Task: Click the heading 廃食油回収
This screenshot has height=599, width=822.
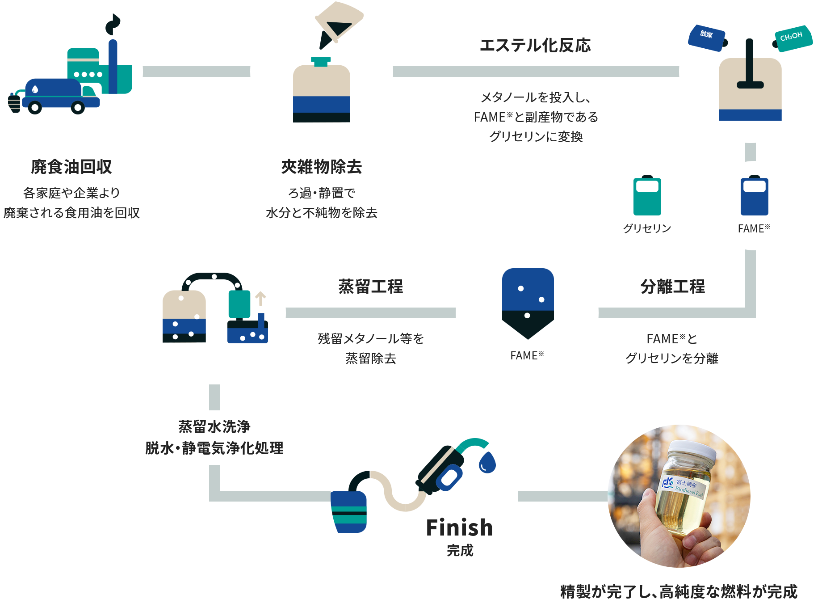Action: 71,167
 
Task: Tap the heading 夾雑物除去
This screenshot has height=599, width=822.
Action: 321,167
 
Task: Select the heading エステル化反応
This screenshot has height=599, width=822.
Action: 535,45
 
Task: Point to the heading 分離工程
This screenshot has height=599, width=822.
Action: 672,287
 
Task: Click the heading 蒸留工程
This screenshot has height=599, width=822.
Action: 370,287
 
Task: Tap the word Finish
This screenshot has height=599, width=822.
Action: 459,527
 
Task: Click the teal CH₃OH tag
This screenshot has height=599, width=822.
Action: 792,38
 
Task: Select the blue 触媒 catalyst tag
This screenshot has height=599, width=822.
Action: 706,37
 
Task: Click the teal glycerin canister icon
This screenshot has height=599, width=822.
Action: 647,196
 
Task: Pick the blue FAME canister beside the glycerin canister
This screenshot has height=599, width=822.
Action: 754,196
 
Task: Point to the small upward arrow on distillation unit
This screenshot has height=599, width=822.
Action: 260,298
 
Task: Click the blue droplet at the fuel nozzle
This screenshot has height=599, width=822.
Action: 487,462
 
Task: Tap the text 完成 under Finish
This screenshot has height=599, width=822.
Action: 460,550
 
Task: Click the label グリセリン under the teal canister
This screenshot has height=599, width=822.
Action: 647,228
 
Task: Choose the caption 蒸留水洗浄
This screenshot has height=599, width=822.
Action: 214,426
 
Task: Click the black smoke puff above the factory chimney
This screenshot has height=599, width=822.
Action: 113,25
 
